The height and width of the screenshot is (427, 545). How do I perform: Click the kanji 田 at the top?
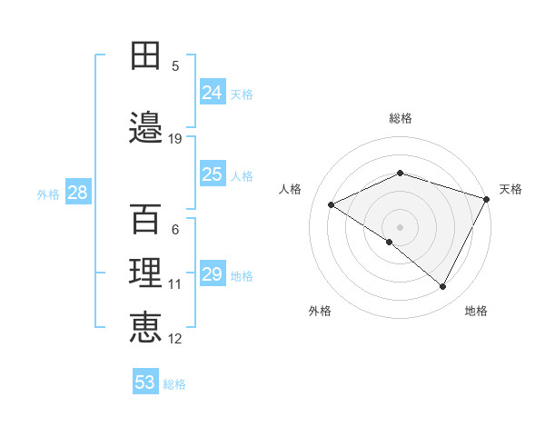click(146, 56)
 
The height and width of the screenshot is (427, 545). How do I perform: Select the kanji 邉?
click(146, 126)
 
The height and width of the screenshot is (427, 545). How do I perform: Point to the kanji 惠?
click(146, 328)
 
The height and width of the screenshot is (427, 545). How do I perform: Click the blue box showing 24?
click(213, 92)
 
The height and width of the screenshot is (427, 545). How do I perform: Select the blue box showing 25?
click(213, 174)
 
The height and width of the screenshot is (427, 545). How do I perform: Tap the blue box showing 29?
click(213, 274)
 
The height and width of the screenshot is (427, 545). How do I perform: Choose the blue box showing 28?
click(77, 193)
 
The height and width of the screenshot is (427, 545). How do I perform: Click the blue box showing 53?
click(145, 382)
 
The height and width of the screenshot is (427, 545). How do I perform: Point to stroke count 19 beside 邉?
click(175, 138)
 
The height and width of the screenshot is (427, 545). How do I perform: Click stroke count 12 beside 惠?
click(175, 339)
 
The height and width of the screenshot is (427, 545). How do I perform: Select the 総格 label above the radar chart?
click(401, 118)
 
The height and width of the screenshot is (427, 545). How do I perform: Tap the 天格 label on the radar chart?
click(510, 189)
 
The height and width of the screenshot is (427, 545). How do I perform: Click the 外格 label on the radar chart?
click(320, 311)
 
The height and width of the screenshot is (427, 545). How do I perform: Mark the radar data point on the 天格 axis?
click(488, 199)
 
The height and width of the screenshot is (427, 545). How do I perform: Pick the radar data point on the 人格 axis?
click(332, 205)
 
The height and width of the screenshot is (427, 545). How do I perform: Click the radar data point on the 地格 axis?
click(443, 286)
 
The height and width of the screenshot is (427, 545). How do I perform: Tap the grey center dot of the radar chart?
click(400, 226)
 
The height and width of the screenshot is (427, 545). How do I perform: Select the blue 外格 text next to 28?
click(48, 194)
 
